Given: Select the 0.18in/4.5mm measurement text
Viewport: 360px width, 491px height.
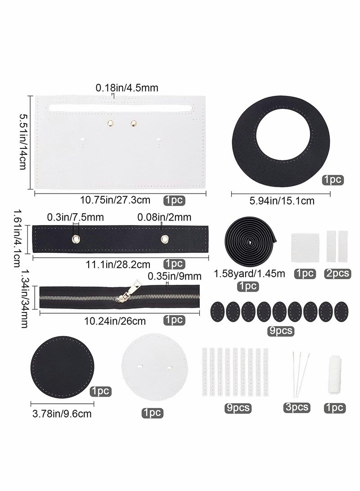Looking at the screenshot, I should (x=127, y=89).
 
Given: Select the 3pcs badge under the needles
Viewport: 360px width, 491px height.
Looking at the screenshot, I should (x=297, y=407).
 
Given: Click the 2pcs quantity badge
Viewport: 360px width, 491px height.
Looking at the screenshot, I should (x=337, y=273).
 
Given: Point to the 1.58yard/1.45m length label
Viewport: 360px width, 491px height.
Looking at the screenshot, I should (x=249, y=273).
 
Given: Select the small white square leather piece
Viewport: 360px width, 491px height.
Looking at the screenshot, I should (x=306, y=245).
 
